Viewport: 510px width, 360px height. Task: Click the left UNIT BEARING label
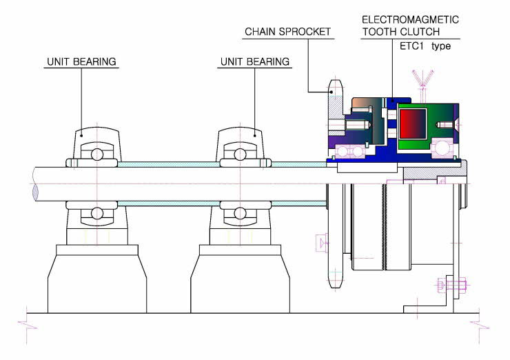[x=81, y=61]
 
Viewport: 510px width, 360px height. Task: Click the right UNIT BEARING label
[x=255, y=61]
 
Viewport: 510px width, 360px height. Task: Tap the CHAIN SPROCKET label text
[x=288, y=32]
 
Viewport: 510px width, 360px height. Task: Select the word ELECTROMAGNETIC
[x=410, y=19]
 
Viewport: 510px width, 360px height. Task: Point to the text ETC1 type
[x=425, y=46]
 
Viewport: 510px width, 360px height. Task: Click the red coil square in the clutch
[x=413, y=123]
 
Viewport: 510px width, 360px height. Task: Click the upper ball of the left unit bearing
[x=97, y=154]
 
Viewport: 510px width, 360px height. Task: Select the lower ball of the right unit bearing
[x=240, y=213]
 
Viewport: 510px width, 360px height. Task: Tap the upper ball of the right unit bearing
[x=240, y=154]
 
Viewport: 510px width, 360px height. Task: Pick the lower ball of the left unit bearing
[x=97, y=213]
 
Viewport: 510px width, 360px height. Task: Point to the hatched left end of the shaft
[x=35, y=192]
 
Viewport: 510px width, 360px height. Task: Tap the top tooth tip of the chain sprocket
[x=336, y=81]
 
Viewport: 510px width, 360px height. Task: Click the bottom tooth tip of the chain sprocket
[x=336, y=287]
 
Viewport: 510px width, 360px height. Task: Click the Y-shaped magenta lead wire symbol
[x=422, y=79]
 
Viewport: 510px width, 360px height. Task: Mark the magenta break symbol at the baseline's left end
[x=28, y=325]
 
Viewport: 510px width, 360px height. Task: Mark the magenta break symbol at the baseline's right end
[x=480, y=325]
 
